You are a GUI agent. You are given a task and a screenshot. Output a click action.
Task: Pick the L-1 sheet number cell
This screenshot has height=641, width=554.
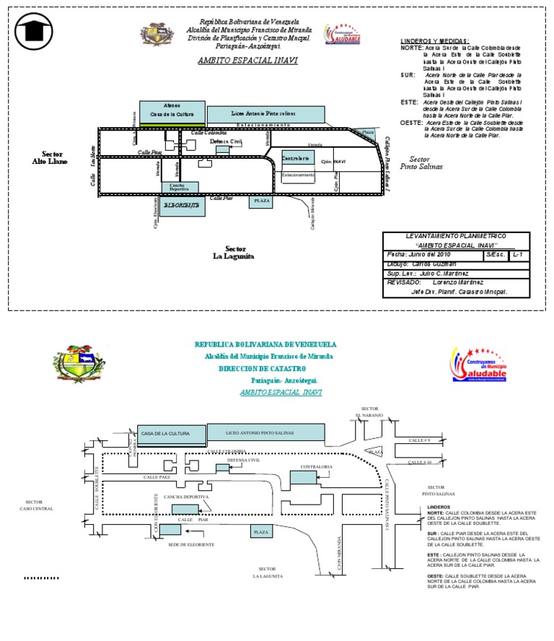pos(518,255)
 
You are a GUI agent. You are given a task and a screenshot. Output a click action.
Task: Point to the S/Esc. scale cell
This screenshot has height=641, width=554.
pos(494,255)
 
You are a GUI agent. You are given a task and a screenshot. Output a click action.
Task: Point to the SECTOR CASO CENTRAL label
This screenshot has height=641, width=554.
pos(35,505)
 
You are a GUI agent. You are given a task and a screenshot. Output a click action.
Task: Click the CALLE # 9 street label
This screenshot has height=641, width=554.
pos(419,440)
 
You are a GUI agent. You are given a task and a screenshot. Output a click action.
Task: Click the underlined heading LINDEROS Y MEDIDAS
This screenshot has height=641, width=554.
pos(434,41)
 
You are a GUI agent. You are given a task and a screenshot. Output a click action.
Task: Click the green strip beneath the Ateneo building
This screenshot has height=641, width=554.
pos(172,125)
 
